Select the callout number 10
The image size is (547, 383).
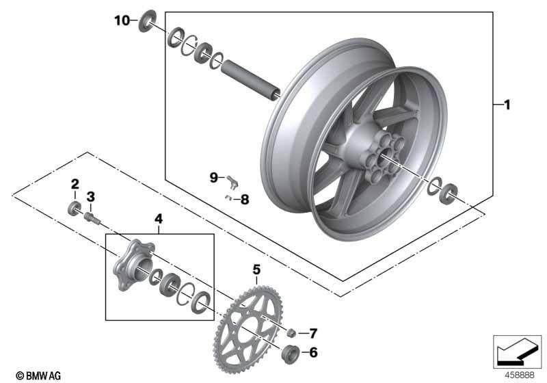pos(121,21)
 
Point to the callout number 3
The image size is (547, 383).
pos(90,197)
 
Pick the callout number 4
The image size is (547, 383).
pos(158,220)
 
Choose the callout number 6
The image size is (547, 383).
pos(313,334)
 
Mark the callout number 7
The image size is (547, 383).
pos(245,200)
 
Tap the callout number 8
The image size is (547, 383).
pos(213,177)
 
